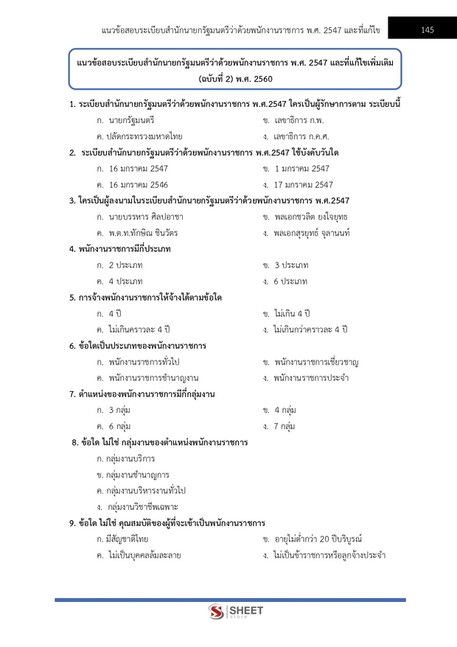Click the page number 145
point(428,29)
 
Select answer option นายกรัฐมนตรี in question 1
point(131,119)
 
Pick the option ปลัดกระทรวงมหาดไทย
point(145,136)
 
